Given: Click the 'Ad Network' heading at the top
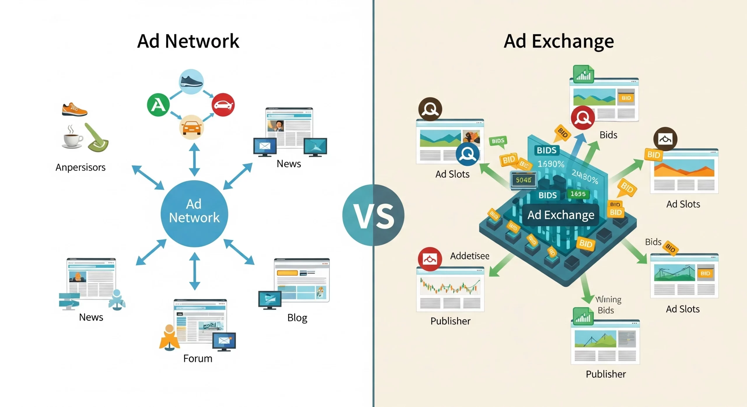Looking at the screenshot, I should pyautogui.click(x=188, y=41).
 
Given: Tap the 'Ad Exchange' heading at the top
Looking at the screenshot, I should pyautogui.click(x=559, y=41).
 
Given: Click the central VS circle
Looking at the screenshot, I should pyautogui.click(x=373, y=215).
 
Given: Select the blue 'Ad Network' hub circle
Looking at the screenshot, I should pyautogui.click(x=194, y=213).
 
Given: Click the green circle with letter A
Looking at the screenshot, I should pyautogui.click(x=158, y=105).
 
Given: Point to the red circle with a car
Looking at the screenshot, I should pyautogui.click(x=223, y=105).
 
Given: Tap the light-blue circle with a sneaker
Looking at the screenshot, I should pyautogui.click(x=191, y=81).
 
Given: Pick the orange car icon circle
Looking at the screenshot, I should pyautogui.click(x=191, y=127).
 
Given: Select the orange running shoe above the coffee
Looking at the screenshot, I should pyautogui.click(x=74, y=110).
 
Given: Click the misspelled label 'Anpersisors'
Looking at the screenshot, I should pyautogui.click(x=81, y=167).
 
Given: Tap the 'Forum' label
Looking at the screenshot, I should pyautogui.click(x=198, y=358).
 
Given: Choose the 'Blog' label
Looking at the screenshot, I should pyautogui.click(x=297, y=317).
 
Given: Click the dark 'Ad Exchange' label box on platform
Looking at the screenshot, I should pyautogui.click(x=561, y=215).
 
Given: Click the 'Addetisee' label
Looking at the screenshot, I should pyautogui.click(x=470, y=256).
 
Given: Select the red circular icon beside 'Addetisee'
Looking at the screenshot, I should pyautogui.click(x=430, y=259).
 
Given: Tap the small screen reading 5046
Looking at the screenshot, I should pyautogui.click(x=523, y=180).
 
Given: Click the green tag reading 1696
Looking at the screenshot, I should pyautogui.click(x=578, y=194).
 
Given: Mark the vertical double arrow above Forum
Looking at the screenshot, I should pyautogui.click(x=195, y=271).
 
